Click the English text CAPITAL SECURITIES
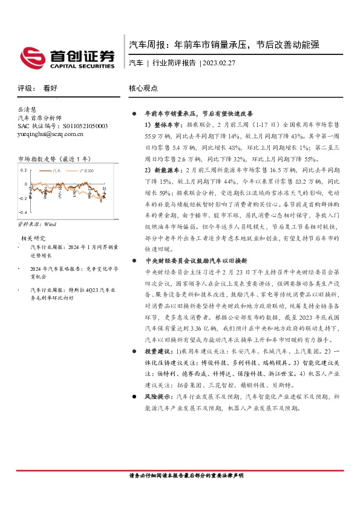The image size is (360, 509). pyautogui.click(x=82, y=66)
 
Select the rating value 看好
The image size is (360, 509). pyautogui.click(x=50, y=88)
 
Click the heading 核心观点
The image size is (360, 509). pyautogui.click(x=143, y=88)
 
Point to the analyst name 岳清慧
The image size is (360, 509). pyautogui.click(x=28, y=110)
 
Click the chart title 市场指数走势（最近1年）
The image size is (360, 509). pyautogui.click(x=54, y=159)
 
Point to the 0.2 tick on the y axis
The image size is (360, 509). pyautogui.click(x=23, y=170)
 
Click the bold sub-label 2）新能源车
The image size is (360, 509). pyautogui.click(x=157, y=171)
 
